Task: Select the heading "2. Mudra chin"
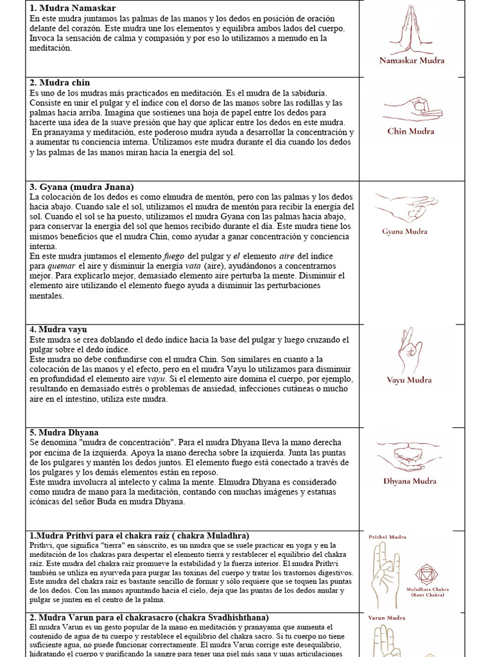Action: [x=60, y=83]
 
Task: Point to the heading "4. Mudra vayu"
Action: [x=58, y=329]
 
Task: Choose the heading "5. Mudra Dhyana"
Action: [x=64, y=432]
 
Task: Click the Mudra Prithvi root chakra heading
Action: [x=139, y=536]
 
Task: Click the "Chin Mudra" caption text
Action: [x=411, y=132]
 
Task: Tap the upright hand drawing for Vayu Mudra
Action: [x=409, y=351]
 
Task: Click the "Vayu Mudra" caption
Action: [x=409, y=380]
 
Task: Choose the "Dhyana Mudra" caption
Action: [x=410, y=481]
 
